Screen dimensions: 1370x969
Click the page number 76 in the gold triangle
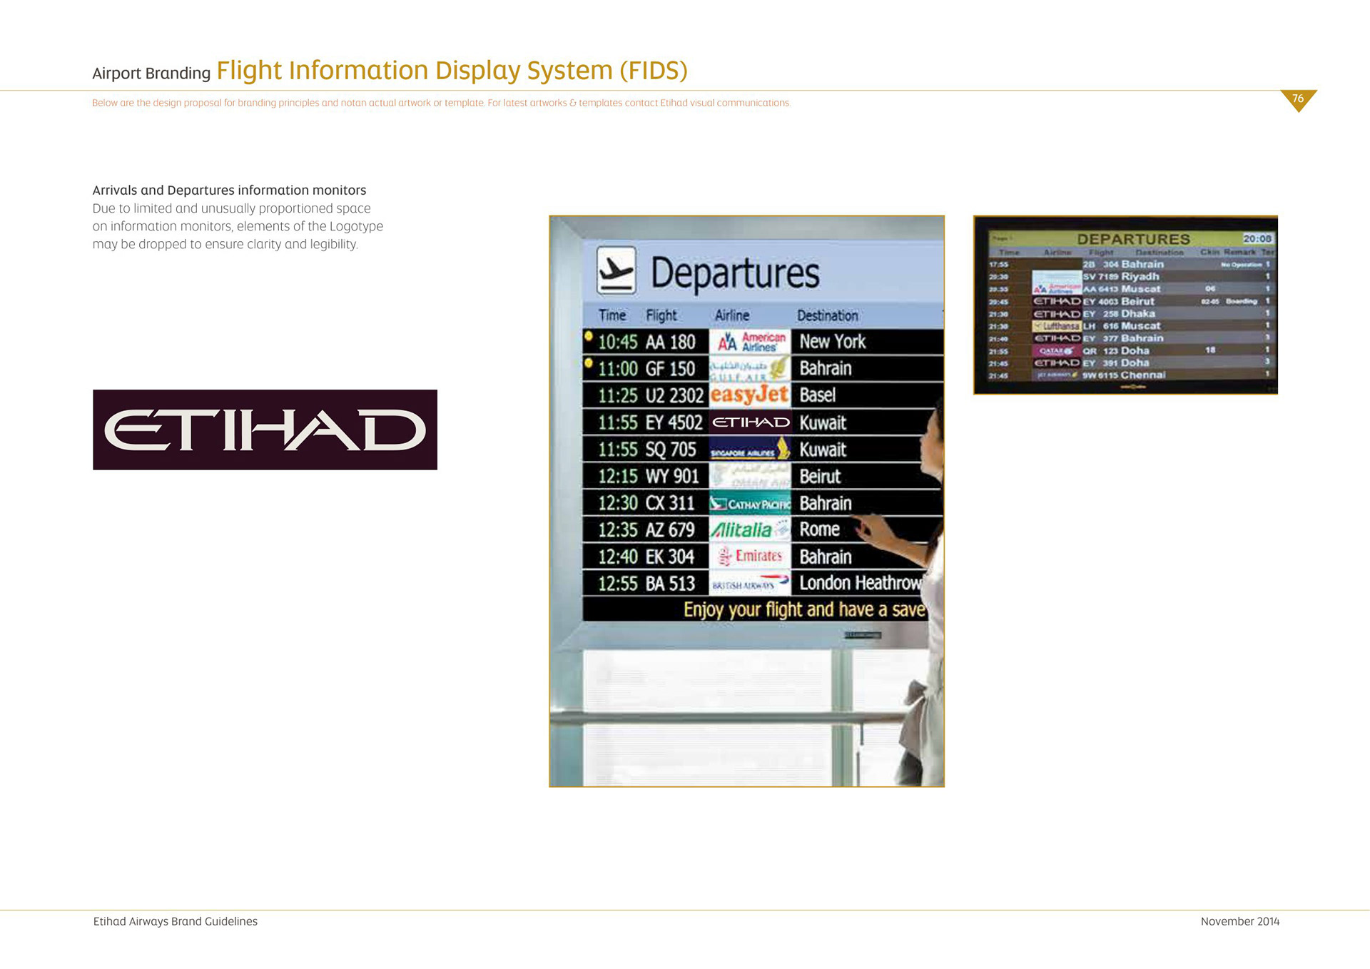(x=1298, y=98)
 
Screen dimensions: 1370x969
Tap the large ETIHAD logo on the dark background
(x=265, y=430)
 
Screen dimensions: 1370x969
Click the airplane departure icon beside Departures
(x=616, y=270)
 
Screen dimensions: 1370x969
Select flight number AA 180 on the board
(x=670, y=342)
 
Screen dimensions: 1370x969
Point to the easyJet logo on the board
(x=749, y=395)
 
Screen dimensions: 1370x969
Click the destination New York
(x=832, y=342)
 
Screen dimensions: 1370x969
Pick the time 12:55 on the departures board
(x=617, y=584)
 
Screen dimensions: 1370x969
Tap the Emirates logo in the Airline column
(x=750, y=556)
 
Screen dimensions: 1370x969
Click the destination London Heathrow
(x=860, y=583)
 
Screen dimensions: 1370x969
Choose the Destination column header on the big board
(x=827, y=315)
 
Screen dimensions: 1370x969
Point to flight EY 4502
(x=674, y=422)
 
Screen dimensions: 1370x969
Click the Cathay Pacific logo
(x=750, y=504)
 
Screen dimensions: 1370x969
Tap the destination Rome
(x=819, y=529)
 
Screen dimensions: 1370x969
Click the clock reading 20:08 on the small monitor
(x=1257, y=238)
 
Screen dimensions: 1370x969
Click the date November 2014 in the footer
(x=1239, y=921)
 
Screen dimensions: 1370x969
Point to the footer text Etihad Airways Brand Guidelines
(x=176, y=921)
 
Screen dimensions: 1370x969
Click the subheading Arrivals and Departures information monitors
(x=229, y=190)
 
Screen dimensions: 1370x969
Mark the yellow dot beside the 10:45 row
(x=588, y=335)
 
